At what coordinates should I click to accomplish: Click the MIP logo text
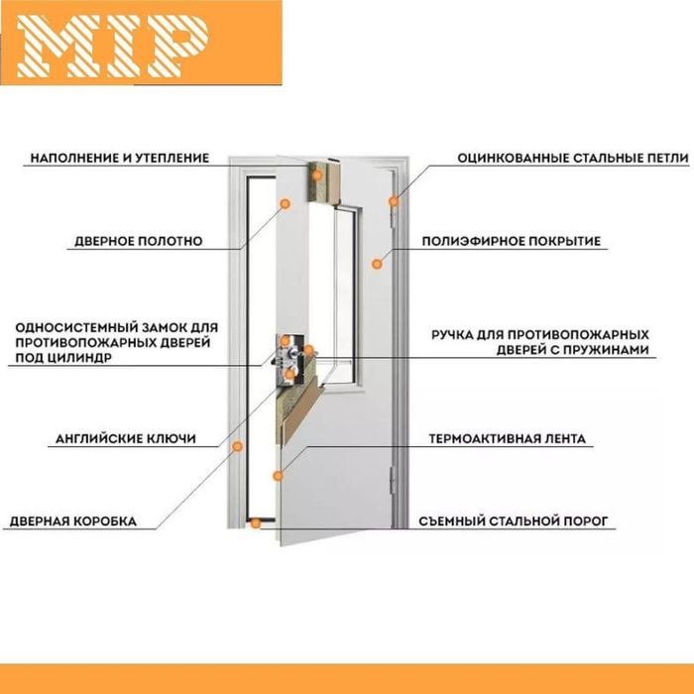(112, 47)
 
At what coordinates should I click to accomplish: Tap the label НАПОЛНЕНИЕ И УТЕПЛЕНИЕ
(120, 158)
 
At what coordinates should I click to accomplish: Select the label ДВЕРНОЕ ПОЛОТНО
(139, 241)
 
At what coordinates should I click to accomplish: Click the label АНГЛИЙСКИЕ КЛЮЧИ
(126, 438)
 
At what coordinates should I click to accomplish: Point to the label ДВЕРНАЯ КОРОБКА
(73, 521)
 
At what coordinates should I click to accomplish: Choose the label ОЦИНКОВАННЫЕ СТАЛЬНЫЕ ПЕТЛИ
(573, 158)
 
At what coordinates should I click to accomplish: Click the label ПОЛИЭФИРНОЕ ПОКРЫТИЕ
(512, 241)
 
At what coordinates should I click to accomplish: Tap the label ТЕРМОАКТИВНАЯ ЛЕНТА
(508, 438)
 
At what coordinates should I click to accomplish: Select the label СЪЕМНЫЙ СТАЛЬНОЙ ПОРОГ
(514, 521)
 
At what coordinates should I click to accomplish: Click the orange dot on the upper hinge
(394, 201)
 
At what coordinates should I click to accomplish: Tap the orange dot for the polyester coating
(377, 264)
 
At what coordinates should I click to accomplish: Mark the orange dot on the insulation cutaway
(317, 174)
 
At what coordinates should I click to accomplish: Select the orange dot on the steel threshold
(256, 523)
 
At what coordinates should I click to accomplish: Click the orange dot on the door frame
(238, 446)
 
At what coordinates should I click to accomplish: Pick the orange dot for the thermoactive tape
(278, 476)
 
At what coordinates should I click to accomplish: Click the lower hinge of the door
(393, 481)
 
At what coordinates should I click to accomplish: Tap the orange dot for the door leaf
(286, 203)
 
